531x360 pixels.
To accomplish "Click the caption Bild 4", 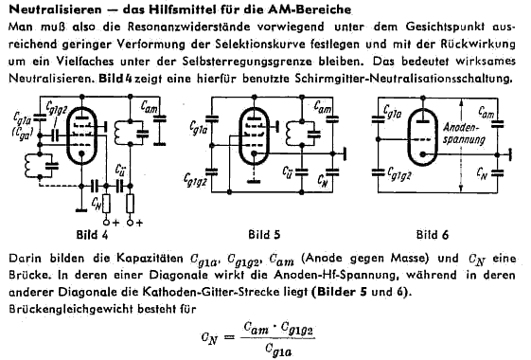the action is [x=92, y=235].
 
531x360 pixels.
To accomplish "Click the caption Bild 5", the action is [x=264, y=235].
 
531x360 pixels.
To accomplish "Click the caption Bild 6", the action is [x=433, y=235].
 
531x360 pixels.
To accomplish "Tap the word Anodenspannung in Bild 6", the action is [x=464, y=134].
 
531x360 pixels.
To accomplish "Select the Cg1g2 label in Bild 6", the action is [x=399, y=174].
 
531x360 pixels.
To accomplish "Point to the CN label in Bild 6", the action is [x=482, y=173].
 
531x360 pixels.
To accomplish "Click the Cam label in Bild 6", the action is [x=487, y=112].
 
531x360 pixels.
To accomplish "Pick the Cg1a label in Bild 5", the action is [x=198, y=128].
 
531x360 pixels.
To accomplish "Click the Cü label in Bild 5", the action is [x=287, y=171].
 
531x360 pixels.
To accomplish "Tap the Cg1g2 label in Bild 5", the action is [x=195, y=180].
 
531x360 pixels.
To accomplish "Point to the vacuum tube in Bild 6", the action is [x=422, y=138].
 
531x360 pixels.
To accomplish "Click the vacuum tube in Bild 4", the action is [x=81, y=135].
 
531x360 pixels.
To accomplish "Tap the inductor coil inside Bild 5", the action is [x=291, y=134].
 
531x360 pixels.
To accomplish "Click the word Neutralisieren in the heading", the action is [x=55, y=9].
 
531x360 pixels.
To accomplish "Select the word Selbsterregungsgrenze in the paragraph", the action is [x=247, y=62].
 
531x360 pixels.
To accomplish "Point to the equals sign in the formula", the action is [x=229, y=337].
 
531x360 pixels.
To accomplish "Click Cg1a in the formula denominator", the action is [x=278, y=351].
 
